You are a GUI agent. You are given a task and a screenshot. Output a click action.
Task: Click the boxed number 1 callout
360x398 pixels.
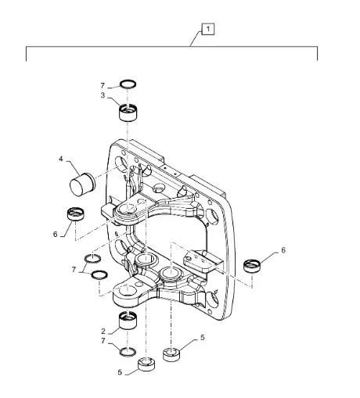[207, 29]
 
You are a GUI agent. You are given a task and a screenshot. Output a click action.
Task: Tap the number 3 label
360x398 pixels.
[103, 95]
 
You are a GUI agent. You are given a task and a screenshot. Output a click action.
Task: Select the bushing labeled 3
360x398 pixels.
[128, 113]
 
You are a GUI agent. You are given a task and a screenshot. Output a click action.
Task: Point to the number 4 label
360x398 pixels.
[61, 159]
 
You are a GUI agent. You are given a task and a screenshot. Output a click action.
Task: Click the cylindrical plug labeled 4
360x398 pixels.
[82, 184]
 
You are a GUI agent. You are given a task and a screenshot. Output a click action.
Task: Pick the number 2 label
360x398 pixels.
[103, 332]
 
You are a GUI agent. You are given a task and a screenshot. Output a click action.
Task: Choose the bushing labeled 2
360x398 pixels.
[128, 321]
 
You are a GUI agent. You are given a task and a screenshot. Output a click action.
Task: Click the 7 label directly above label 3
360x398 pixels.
[103, 85]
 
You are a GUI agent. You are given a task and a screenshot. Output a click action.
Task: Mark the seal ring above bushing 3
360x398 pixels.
[128, 84]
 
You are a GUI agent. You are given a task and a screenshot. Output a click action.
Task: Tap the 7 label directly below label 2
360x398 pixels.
[103, 341]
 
